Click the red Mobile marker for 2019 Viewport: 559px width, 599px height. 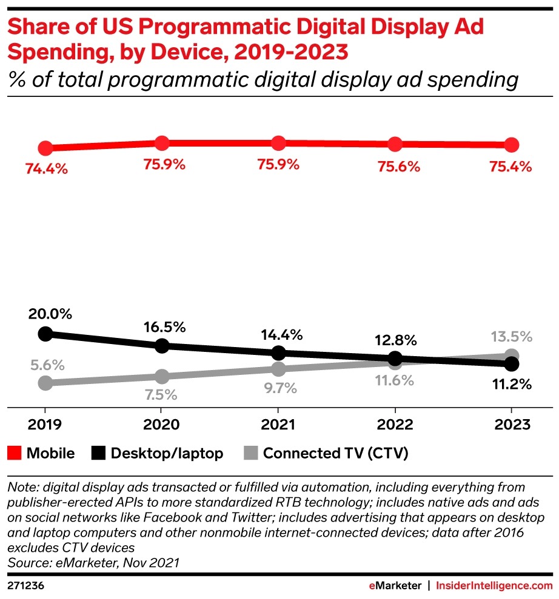pyautogui.click(x=45, y=148)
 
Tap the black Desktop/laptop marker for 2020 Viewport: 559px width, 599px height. pyautogui.click(x=162, y=346)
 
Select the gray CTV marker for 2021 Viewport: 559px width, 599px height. pyautogui.click(x=278, y=369)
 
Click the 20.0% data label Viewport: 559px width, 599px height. pyautogui.click(x=49, y=314)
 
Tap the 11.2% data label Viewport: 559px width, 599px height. pyautogui.click(x=511, y=384)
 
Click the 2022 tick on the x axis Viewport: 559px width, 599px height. pyautogui.click(x=395, y=425)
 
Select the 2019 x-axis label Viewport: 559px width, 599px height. pyautogui.click(x=45, y=425)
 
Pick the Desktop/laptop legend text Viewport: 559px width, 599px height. pyautogui.click(x=167, y=453)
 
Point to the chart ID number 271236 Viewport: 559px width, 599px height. pyautogui.click(x=25, y=586)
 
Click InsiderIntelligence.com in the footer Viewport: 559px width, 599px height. pyautogui.click(x=494, y=586)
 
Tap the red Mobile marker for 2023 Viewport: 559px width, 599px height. pyautogui.click(x=511, y=145)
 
